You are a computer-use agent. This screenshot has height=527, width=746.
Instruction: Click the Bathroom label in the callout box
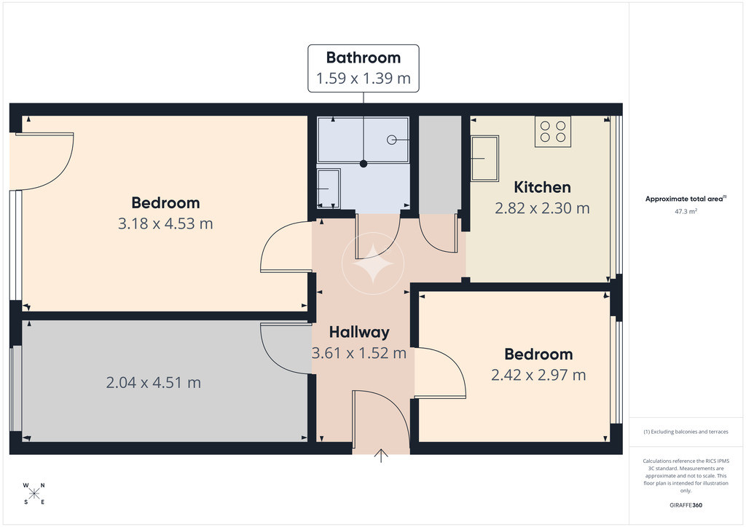(364, 58)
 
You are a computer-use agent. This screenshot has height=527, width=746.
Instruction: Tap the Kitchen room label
(542, 187)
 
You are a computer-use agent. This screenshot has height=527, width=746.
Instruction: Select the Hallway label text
(359, 332)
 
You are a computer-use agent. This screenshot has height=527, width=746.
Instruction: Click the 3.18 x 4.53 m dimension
(165, 223)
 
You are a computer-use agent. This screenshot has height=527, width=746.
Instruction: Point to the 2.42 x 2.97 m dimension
(538, 375)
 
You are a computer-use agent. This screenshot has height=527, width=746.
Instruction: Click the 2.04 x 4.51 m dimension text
(153, 383)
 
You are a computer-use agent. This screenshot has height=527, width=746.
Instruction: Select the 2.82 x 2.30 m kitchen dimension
(542, 208)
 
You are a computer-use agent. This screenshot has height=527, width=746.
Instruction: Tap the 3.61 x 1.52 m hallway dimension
(359, 353)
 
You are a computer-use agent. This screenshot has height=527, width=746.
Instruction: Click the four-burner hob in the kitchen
(553, 132)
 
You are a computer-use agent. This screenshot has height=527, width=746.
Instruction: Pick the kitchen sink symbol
(484, 158)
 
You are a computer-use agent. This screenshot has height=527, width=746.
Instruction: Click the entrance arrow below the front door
(381, 456)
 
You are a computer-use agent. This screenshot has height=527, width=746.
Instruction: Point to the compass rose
(34, 494)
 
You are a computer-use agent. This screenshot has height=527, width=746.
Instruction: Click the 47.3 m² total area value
(686, 212)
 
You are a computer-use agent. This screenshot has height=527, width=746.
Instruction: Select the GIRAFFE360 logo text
(686, 505)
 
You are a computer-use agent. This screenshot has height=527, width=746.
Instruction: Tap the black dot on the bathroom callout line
(364, 164)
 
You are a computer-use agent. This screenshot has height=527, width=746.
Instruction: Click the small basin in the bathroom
(329, 189)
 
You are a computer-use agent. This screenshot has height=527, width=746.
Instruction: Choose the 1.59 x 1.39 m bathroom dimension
(364, 78)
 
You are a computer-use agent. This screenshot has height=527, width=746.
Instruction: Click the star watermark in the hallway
(373, 263)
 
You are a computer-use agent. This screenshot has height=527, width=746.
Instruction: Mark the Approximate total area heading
(686, 199)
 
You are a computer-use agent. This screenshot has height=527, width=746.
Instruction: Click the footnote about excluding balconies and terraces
(686, 432)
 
